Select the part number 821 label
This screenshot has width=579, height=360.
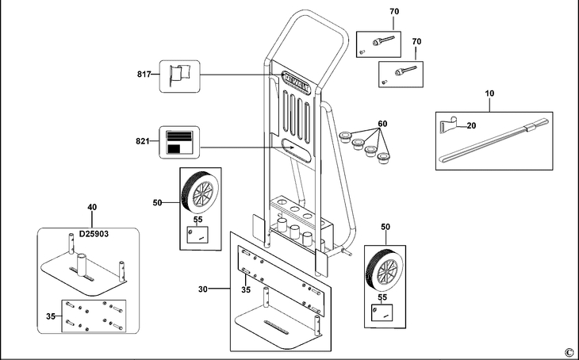click(x=143, y=141)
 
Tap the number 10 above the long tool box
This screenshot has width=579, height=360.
click(x=489, y=94)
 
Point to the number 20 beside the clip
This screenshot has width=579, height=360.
click(x=470, y=125)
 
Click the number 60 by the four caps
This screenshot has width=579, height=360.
click(x=382, y=124)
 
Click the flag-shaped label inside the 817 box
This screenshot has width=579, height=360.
click(x=177, y=75)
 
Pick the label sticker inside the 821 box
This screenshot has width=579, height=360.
click(x=179, y=141)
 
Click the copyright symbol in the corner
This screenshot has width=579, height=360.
click(x=569, y=351)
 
